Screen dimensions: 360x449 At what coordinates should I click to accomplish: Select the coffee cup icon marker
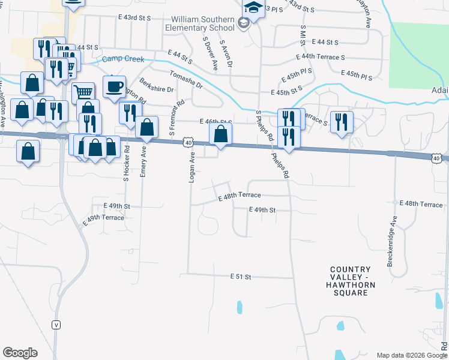(x=113, y=86)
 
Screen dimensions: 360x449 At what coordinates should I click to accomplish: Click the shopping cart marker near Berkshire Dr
(x=83, y=92)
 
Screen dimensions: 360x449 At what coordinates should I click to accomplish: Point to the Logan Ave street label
(x=192, y=167)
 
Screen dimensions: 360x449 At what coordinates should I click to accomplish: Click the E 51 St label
(x=240, y=277)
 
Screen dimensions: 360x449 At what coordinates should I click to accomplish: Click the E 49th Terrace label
(x=103, y=218)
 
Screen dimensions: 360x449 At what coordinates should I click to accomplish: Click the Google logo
(x=20, y=353)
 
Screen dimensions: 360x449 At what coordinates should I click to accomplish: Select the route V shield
(x=56, y=325)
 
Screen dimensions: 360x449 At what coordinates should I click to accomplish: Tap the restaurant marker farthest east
(x=341, y=122)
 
